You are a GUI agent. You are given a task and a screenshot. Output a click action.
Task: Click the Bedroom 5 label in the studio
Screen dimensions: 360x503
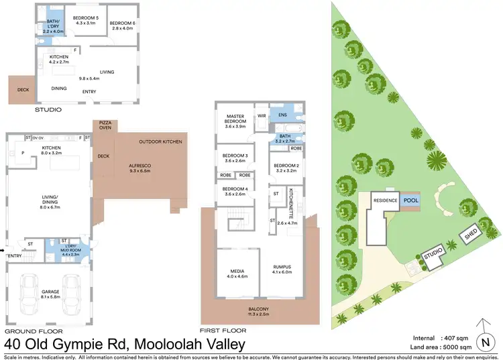click(85, 20)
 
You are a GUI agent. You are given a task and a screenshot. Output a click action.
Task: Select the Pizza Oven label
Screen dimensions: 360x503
click(105, 127)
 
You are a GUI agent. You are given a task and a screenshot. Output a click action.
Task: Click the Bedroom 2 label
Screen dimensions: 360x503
click(286, 168)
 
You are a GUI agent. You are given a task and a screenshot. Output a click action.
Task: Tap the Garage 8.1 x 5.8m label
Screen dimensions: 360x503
click(50, 294)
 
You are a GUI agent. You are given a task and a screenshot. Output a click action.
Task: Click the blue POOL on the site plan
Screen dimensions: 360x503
click(411, 200)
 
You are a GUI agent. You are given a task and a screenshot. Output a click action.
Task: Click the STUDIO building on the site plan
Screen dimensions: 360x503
click(433, 253)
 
